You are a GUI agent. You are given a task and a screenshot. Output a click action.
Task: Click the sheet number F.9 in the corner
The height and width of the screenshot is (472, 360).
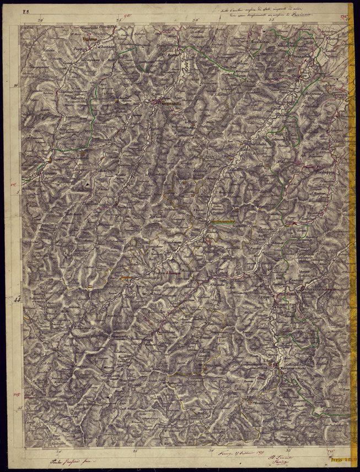(x=25, y=10)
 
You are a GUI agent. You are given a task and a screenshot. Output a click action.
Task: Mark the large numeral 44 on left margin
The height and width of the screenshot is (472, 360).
(x=18, y=300)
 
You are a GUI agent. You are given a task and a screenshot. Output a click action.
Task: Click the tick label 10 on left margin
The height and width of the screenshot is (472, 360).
(x=16, y=86)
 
